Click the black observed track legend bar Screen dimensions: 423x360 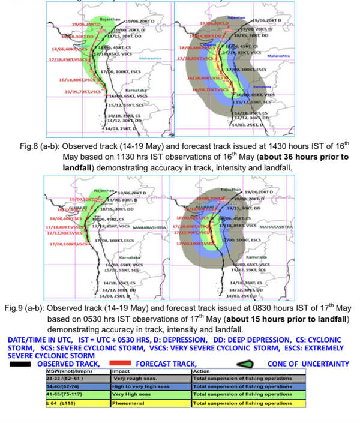click(19, 364)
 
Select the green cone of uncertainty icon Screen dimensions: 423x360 click(244, 364)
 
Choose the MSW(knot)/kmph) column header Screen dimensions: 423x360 click(68, 371)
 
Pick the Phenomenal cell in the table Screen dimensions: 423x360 click(129, 403)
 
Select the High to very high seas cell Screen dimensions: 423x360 click(144, 387)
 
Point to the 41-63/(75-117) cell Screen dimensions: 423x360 click(68, 395)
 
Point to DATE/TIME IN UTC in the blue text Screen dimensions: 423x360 click(35, 339)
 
